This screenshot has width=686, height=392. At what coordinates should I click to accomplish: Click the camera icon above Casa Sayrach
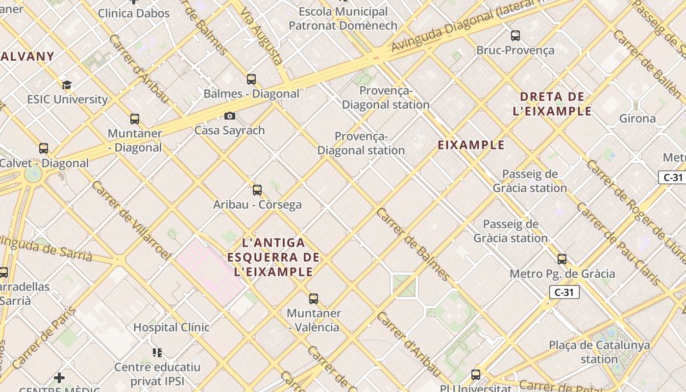tap(229, 116)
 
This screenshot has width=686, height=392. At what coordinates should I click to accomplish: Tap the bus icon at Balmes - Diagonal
tap(251, 79)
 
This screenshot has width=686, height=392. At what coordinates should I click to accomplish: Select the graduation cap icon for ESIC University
tap(67, 85)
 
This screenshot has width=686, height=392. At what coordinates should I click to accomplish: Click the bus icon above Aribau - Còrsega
tap(257, 190)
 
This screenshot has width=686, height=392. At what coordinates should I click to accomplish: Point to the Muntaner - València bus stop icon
tap(314, 298)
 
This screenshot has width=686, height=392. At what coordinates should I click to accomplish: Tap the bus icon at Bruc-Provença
tap(515, 35)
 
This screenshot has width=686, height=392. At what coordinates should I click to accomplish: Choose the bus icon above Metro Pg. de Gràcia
tap(562, 259)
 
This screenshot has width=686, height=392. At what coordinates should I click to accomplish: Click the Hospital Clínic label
tap(171, 327)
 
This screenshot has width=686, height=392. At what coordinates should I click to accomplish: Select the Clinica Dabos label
tap(134, 13)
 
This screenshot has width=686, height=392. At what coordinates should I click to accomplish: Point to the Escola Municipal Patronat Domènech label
tap(343, 18)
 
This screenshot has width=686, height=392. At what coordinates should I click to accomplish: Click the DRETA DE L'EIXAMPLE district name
tap(552, 104)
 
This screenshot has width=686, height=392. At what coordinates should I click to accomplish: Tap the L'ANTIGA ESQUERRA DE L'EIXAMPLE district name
tap(273, 257)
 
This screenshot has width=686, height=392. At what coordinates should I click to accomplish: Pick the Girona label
tap(637, 119)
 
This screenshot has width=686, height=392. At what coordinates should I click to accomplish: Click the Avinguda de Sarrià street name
tap(47, 247)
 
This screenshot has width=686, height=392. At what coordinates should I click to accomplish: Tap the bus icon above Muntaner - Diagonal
tap(135, 119)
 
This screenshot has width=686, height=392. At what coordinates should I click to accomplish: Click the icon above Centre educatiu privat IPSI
tap(157, 352)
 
